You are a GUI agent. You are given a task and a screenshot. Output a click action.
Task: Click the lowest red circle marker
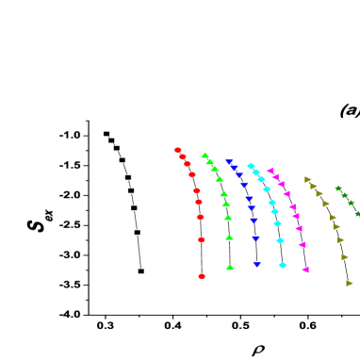click(202, 276)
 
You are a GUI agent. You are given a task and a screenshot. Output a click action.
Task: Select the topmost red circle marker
click(178, 150)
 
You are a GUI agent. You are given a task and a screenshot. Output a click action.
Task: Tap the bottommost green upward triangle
click(230, 268)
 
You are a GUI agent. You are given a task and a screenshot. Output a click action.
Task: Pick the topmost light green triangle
click(205, 155)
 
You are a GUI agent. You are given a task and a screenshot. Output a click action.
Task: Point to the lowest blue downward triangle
click(256, 265)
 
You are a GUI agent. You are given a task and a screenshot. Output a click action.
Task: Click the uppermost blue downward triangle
click(229, 162)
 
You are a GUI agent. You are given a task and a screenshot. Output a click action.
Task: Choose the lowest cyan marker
click(283, 265)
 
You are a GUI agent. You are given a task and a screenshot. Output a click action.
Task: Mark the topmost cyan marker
click(251, 166)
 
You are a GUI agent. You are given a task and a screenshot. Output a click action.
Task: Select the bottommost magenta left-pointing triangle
click(305, 270)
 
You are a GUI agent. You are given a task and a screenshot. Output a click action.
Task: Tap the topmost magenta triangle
click(270, 171)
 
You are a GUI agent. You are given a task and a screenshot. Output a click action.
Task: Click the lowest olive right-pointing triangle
click(349, 283)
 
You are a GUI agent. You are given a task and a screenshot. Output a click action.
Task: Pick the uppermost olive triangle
click(307, 179)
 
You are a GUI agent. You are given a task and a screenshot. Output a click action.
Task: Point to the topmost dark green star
click(338, 188)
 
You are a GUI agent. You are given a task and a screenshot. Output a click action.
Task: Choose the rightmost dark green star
click(357, 214)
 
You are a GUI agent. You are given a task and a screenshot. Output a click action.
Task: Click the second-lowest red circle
click(202, 239)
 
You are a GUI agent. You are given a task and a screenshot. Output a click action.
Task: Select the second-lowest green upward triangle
click(229, 237)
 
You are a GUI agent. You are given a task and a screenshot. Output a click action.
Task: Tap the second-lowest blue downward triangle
click(255, 238)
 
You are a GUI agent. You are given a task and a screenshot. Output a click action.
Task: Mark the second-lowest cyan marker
click(280, 240)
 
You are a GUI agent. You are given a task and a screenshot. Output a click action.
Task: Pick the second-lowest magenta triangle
click(302, 245)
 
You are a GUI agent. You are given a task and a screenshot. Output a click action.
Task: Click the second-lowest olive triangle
click(345, 257)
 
